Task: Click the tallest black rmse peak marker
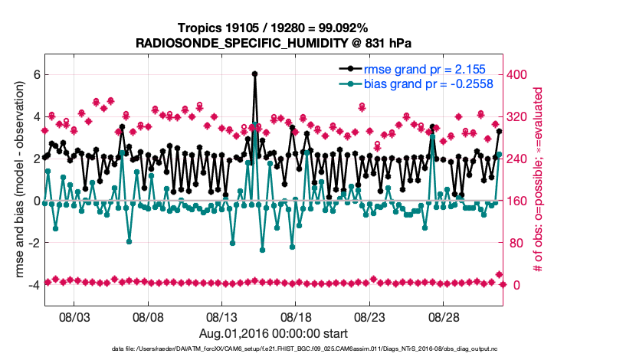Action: (x=254, y=74)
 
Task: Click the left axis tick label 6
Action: (x=36, y=74)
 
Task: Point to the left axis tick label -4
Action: (x=34, y=285)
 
